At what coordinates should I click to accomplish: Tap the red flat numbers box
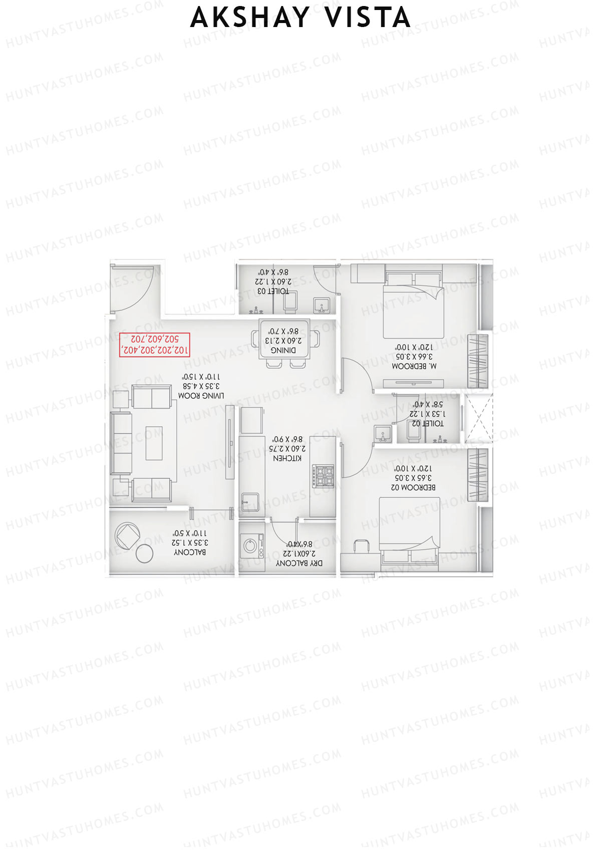click(x=155, y=345)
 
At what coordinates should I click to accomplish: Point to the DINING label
click(x=283, y=350)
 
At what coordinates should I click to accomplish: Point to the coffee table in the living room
click(x=154, y=443)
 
